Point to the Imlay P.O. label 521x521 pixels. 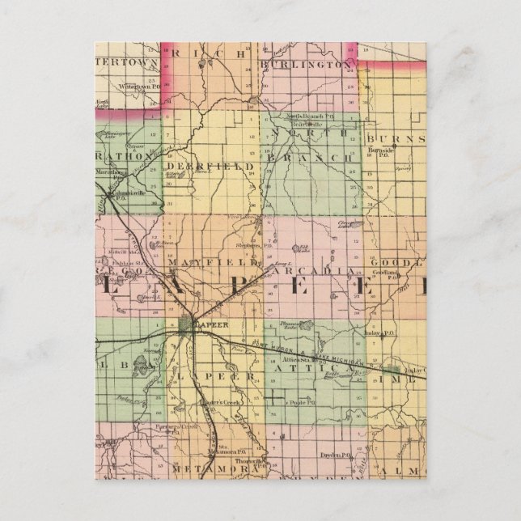382,332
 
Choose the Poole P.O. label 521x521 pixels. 300,400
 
